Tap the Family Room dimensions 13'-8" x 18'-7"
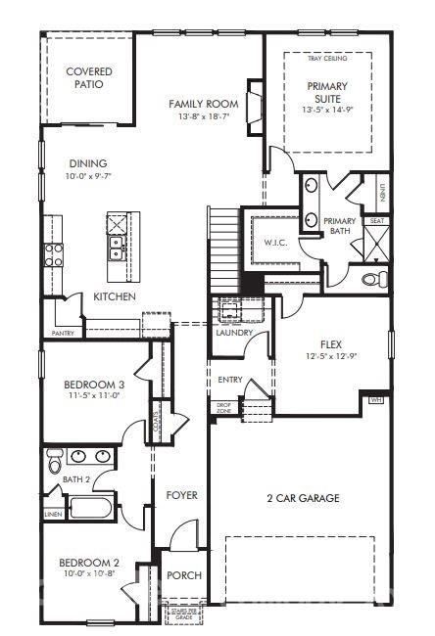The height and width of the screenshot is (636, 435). pyautogui.click(x=204, y=117)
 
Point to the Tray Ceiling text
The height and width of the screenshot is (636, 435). pyautogui.click(x=326, y=59)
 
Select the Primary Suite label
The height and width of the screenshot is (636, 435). pyautogui.click(x=326, y=92)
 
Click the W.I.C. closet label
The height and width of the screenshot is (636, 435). pyautogui.click(x=273, y=242)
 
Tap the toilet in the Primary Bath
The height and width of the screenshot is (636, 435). pyautogui.click(x=370, y=280)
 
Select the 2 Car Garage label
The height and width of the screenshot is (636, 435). pyautogui.click(x=304, y=498)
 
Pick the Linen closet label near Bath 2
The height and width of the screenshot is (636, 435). pyautogui.click(x=52, y=513)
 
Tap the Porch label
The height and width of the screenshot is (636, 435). pyautogui.click(x=183, y=575)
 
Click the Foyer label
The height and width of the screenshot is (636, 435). pyautogui.click(x=181, y=495)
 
